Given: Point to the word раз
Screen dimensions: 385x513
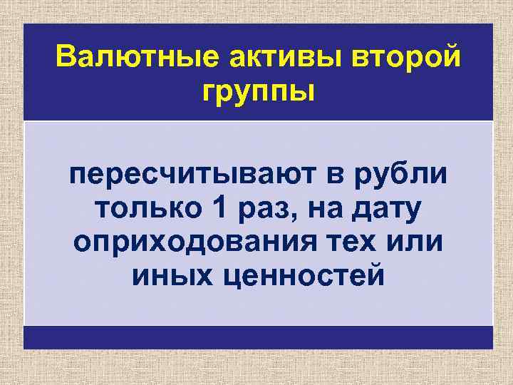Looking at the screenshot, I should pos(261,210).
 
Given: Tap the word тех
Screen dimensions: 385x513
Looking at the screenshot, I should pos(352,242).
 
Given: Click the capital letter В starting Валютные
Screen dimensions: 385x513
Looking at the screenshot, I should pos(66,56).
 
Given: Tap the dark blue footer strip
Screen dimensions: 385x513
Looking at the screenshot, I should pos(258,337).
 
